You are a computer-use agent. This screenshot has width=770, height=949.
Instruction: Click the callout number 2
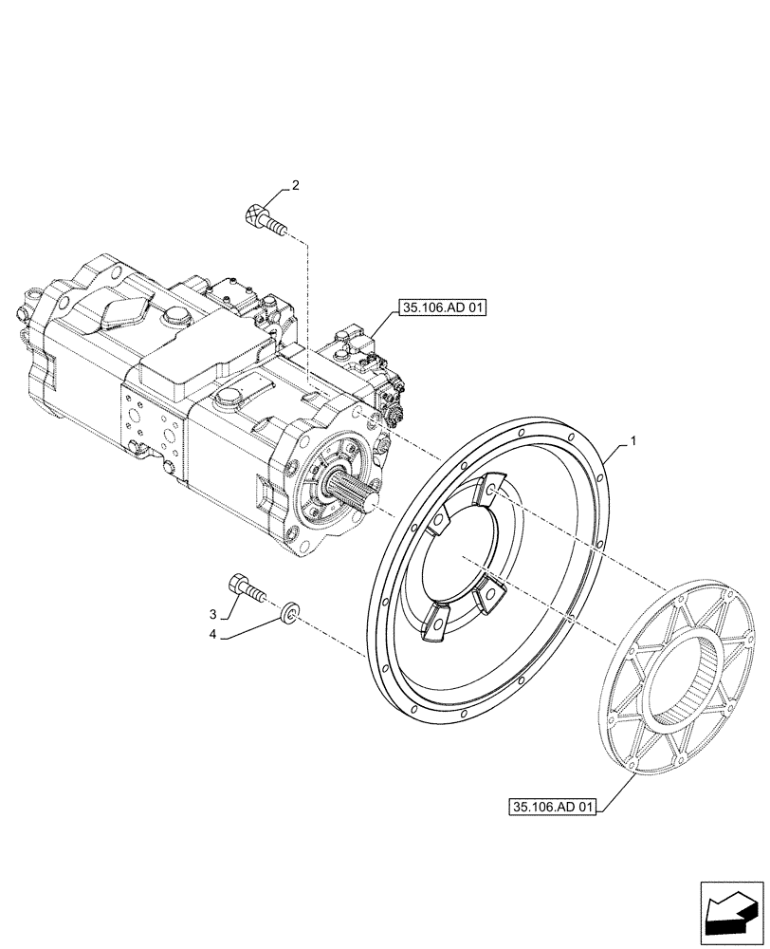[295, 187]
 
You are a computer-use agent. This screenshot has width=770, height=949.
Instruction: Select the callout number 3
[213, 613]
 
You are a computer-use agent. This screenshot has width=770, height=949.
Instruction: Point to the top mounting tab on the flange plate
[485, 489]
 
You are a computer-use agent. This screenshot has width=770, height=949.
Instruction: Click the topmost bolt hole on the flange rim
[519, 432]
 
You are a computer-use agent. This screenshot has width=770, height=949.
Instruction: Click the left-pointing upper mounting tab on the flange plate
[441, 520]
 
